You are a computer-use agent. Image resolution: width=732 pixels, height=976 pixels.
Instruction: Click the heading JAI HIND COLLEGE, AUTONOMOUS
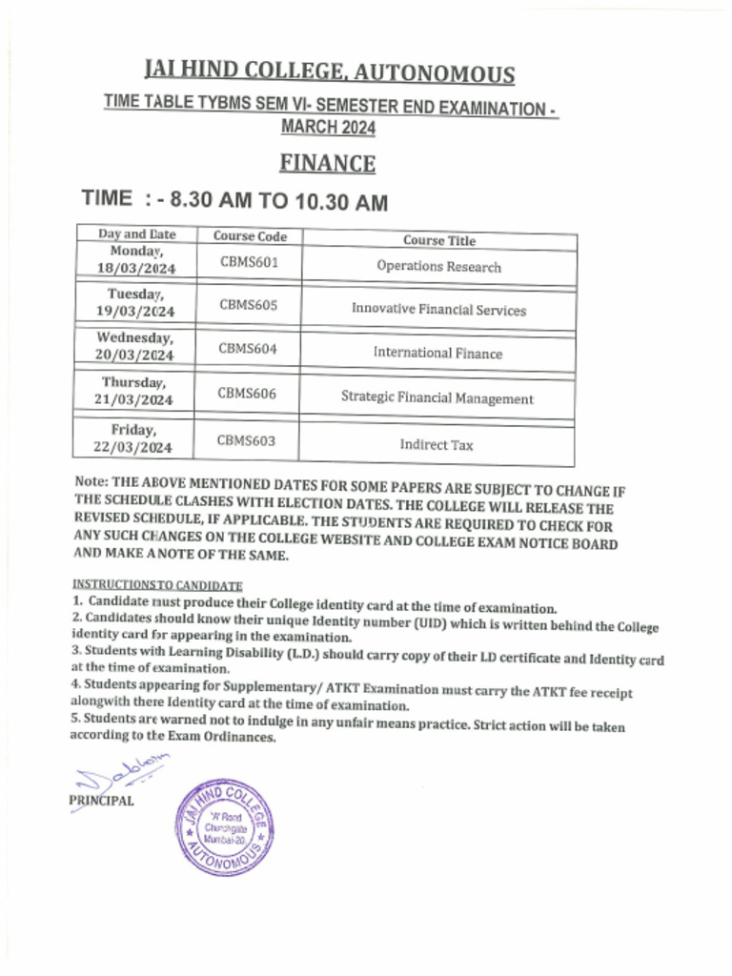[x=329, y=72]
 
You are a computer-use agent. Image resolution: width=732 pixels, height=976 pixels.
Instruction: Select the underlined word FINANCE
[x=327, y=164]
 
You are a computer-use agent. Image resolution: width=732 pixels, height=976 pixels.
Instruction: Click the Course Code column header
[x=250, y=236]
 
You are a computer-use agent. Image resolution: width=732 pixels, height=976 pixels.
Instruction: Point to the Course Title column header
[x=438, y=241]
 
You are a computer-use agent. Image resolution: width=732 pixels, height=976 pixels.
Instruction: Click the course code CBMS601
[x=249, y=262]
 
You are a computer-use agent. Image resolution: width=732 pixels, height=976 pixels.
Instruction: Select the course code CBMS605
[x=249, y=305]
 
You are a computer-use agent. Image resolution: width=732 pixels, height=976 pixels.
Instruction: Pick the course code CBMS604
[x=248, y=349]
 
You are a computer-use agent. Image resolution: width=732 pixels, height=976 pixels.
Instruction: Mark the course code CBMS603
[x=246, y=439]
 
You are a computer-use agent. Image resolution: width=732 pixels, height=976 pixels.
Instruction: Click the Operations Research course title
[x=438, y=267]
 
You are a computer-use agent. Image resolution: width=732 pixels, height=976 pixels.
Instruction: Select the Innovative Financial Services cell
[x=438, y=310]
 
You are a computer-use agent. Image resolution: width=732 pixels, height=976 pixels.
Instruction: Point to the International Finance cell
[x=437, y=353]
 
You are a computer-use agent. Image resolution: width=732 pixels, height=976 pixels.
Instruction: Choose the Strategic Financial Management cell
[x=437, y=398]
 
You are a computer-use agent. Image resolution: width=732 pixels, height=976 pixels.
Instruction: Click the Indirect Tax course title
[x=437, y=444]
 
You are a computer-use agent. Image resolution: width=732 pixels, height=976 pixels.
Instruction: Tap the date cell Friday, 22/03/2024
[x=133, y=438]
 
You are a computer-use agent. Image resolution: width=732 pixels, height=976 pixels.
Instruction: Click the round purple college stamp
[x=225, y=827]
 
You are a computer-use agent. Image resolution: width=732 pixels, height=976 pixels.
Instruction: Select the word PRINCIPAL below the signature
[x=101, y=801]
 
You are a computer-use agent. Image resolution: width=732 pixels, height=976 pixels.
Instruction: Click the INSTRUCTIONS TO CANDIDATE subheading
[x=157, y=584]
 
